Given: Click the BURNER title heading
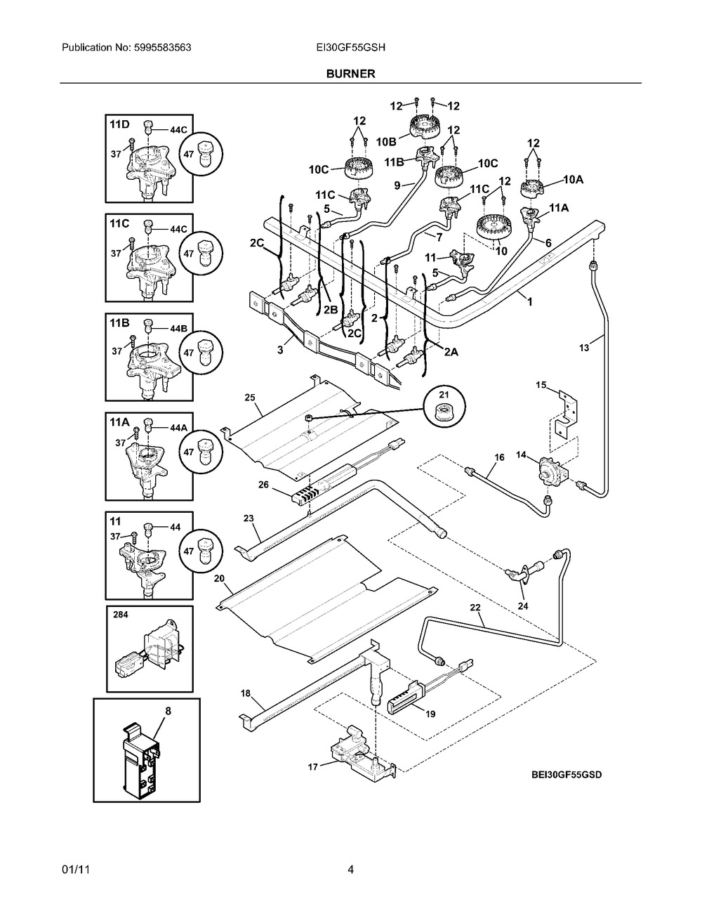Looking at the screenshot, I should tap(350, 73).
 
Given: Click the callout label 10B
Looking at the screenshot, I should tap(386, 142).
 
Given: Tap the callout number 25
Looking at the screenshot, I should tap(250, 398).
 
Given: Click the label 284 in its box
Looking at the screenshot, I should tap(121, 614).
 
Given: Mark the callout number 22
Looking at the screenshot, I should tap(475, 607).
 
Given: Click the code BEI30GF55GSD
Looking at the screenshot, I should tap(567, 775).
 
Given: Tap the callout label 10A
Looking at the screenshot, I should tap(574, 180).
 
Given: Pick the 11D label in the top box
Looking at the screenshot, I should tap(119, 124).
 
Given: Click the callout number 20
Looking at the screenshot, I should tap(219, 578).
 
